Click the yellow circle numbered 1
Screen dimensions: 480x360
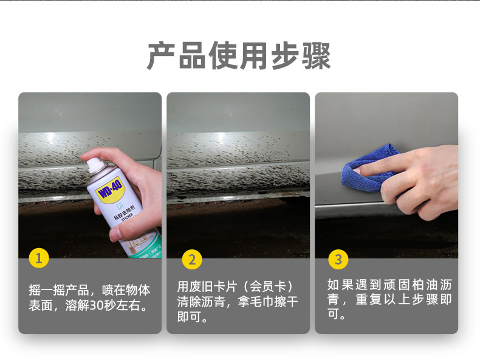[x=39, y=258]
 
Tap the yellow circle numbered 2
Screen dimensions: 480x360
[x=192, y=260]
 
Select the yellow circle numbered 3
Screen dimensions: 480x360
[x=338, y=260]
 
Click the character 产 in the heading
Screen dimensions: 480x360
[x=162, y=56]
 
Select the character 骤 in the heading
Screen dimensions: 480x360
[x=316, y=56]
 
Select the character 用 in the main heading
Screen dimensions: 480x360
[x=254, y=56]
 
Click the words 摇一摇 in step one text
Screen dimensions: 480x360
[x=47, y=290]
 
